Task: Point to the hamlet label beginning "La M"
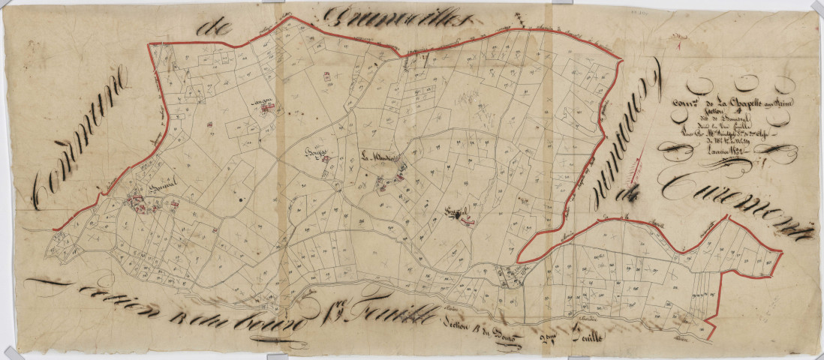[x=374, y=157]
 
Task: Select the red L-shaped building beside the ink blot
[x=467, y=218]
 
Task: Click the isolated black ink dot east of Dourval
[x=240, y=200]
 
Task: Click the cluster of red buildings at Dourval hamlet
[x=137, y=199]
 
